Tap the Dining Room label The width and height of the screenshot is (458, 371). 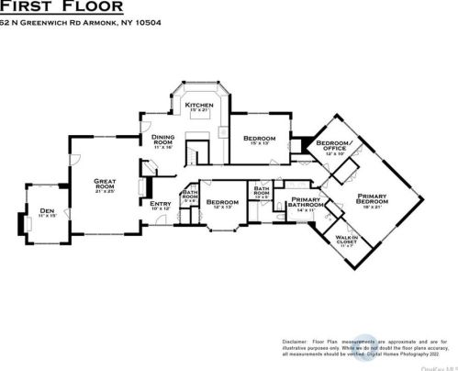pyautogui.click(x=162, y=141)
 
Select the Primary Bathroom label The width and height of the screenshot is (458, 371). pyautogui.click(x=305, y=204)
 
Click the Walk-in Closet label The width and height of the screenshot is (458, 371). pyautogui.click(x=346, y=240)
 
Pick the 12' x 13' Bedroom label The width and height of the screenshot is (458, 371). pyautogui.click(x=222, y=201)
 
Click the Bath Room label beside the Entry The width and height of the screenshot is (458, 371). pyautogui.click(x=190, y=197)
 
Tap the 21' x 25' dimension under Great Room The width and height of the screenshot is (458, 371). pyautogui.click(x=105, y=192)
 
